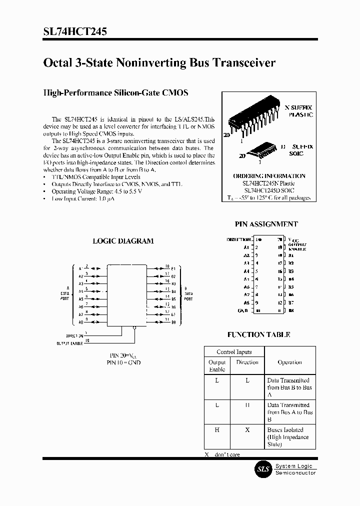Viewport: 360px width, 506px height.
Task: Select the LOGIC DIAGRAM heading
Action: coord(123,240)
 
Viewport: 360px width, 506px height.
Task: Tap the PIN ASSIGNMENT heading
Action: coord(266,224)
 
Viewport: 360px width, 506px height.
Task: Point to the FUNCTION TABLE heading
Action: coord(258,334)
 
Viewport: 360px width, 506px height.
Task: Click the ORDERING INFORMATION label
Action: coord(269,176)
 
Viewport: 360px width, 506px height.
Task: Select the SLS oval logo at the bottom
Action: coord(263,469)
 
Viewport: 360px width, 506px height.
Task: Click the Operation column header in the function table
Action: coord(289,362)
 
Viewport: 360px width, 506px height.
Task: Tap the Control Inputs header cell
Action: coord(234,352)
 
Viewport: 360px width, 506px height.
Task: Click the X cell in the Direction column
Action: coord(247,430)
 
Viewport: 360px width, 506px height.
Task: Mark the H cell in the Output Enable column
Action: coord(217,430)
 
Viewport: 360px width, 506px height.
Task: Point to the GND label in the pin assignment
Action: coord(243,310)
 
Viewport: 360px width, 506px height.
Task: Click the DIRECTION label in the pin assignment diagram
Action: coord(238,240)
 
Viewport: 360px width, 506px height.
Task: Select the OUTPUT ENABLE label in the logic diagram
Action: coord(69,343)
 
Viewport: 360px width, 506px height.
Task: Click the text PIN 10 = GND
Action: coord(123,362)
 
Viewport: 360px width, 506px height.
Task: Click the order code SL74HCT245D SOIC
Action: coord(269,190)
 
